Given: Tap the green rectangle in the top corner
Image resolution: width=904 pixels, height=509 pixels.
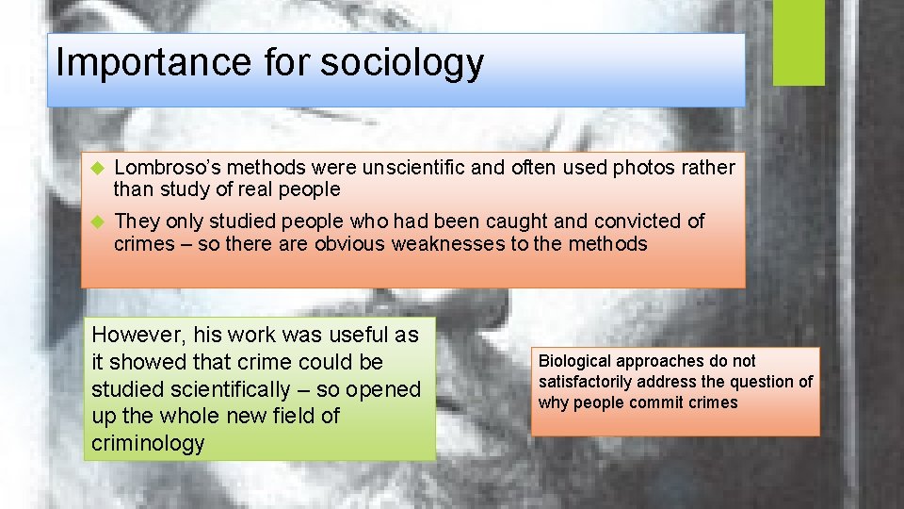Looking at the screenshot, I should pos(798,42).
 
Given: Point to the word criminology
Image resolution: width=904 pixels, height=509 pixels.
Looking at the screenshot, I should pos(148,443).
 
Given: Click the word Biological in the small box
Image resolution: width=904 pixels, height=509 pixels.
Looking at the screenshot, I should pos(574,361).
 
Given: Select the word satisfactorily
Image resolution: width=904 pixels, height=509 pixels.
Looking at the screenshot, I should pos(586,382).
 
